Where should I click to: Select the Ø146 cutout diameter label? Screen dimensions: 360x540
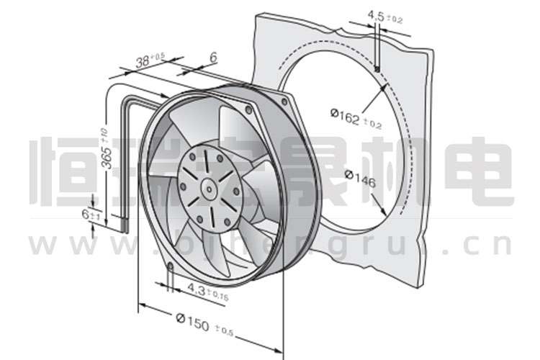click(x=360, y=179)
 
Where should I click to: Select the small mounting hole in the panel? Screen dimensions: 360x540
click(x=377, y=68)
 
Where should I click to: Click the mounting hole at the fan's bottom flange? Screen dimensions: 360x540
click(x=170, y=267)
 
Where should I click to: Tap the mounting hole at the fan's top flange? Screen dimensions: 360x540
click(x=248, y=111)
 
